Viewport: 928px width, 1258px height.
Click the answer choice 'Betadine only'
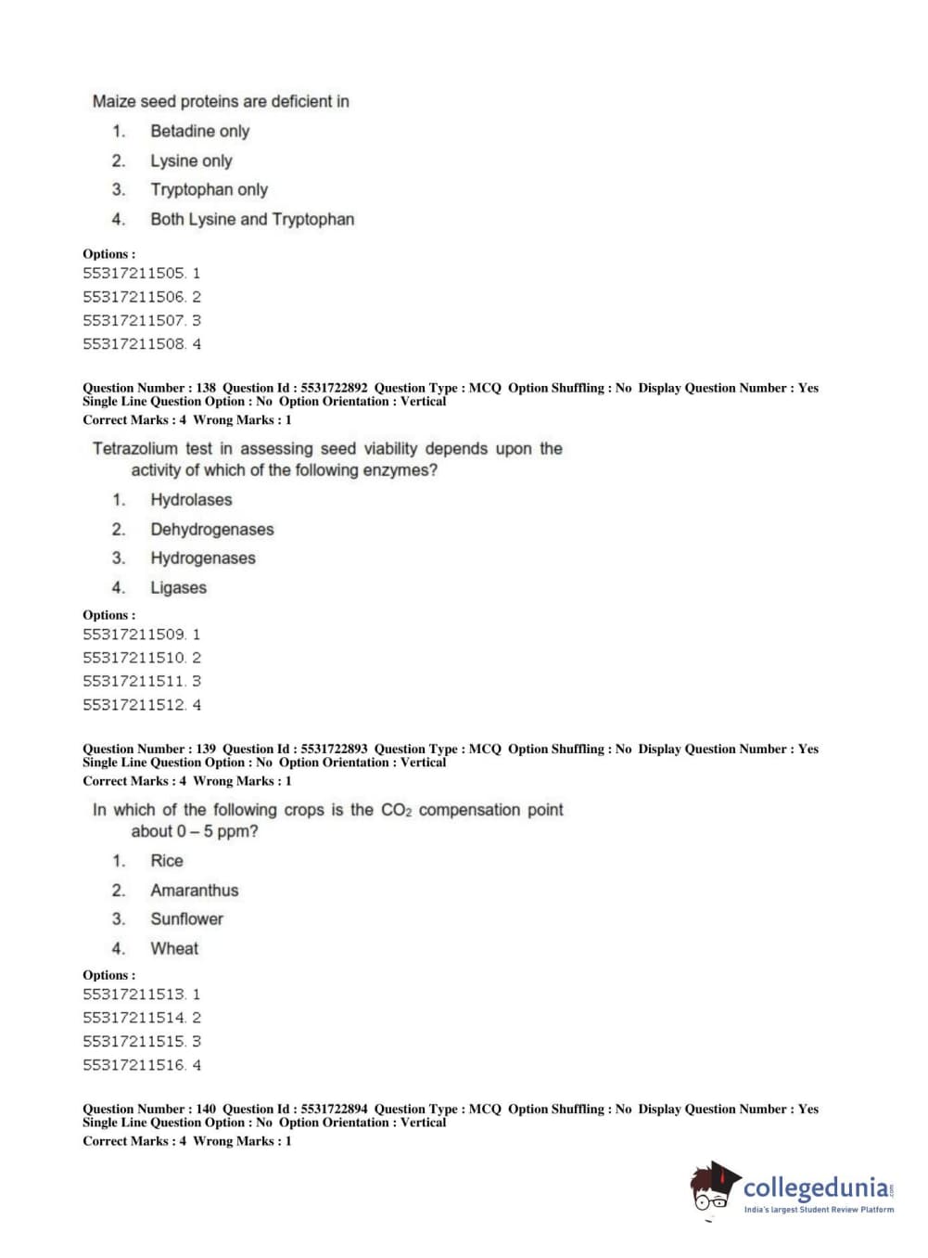tap(199, 131)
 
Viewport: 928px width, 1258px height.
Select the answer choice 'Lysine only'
tap(191, 160)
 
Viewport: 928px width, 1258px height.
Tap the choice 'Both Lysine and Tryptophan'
tap(252, 219)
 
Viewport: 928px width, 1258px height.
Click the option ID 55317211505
tap(133, 273)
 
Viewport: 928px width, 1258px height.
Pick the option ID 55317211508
tap(133, 344)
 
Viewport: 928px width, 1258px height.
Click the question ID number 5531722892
tap(334, 388)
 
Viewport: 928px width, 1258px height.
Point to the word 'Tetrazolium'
tap(134, 449)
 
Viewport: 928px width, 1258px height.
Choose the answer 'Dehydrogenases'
tap(212, 530)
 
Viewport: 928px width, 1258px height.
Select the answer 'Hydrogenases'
tap(203, 558)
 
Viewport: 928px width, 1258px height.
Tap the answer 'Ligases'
tap(179, 588)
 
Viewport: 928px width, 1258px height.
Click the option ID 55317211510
tap(133, 658)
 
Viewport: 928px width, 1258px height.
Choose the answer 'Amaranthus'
tap(195, 891)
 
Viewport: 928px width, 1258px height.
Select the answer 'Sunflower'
tap(187, 919)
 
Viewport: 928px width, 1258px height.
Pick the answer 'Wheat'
tap(174, 949)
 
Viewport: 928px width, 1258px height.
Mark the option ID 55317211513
tap(133, 995)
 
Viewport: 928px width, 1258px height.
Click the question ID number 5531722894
tap(334, 1109)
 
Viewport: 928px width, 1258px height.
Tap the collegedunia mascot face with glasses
tap(712, 1191)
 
